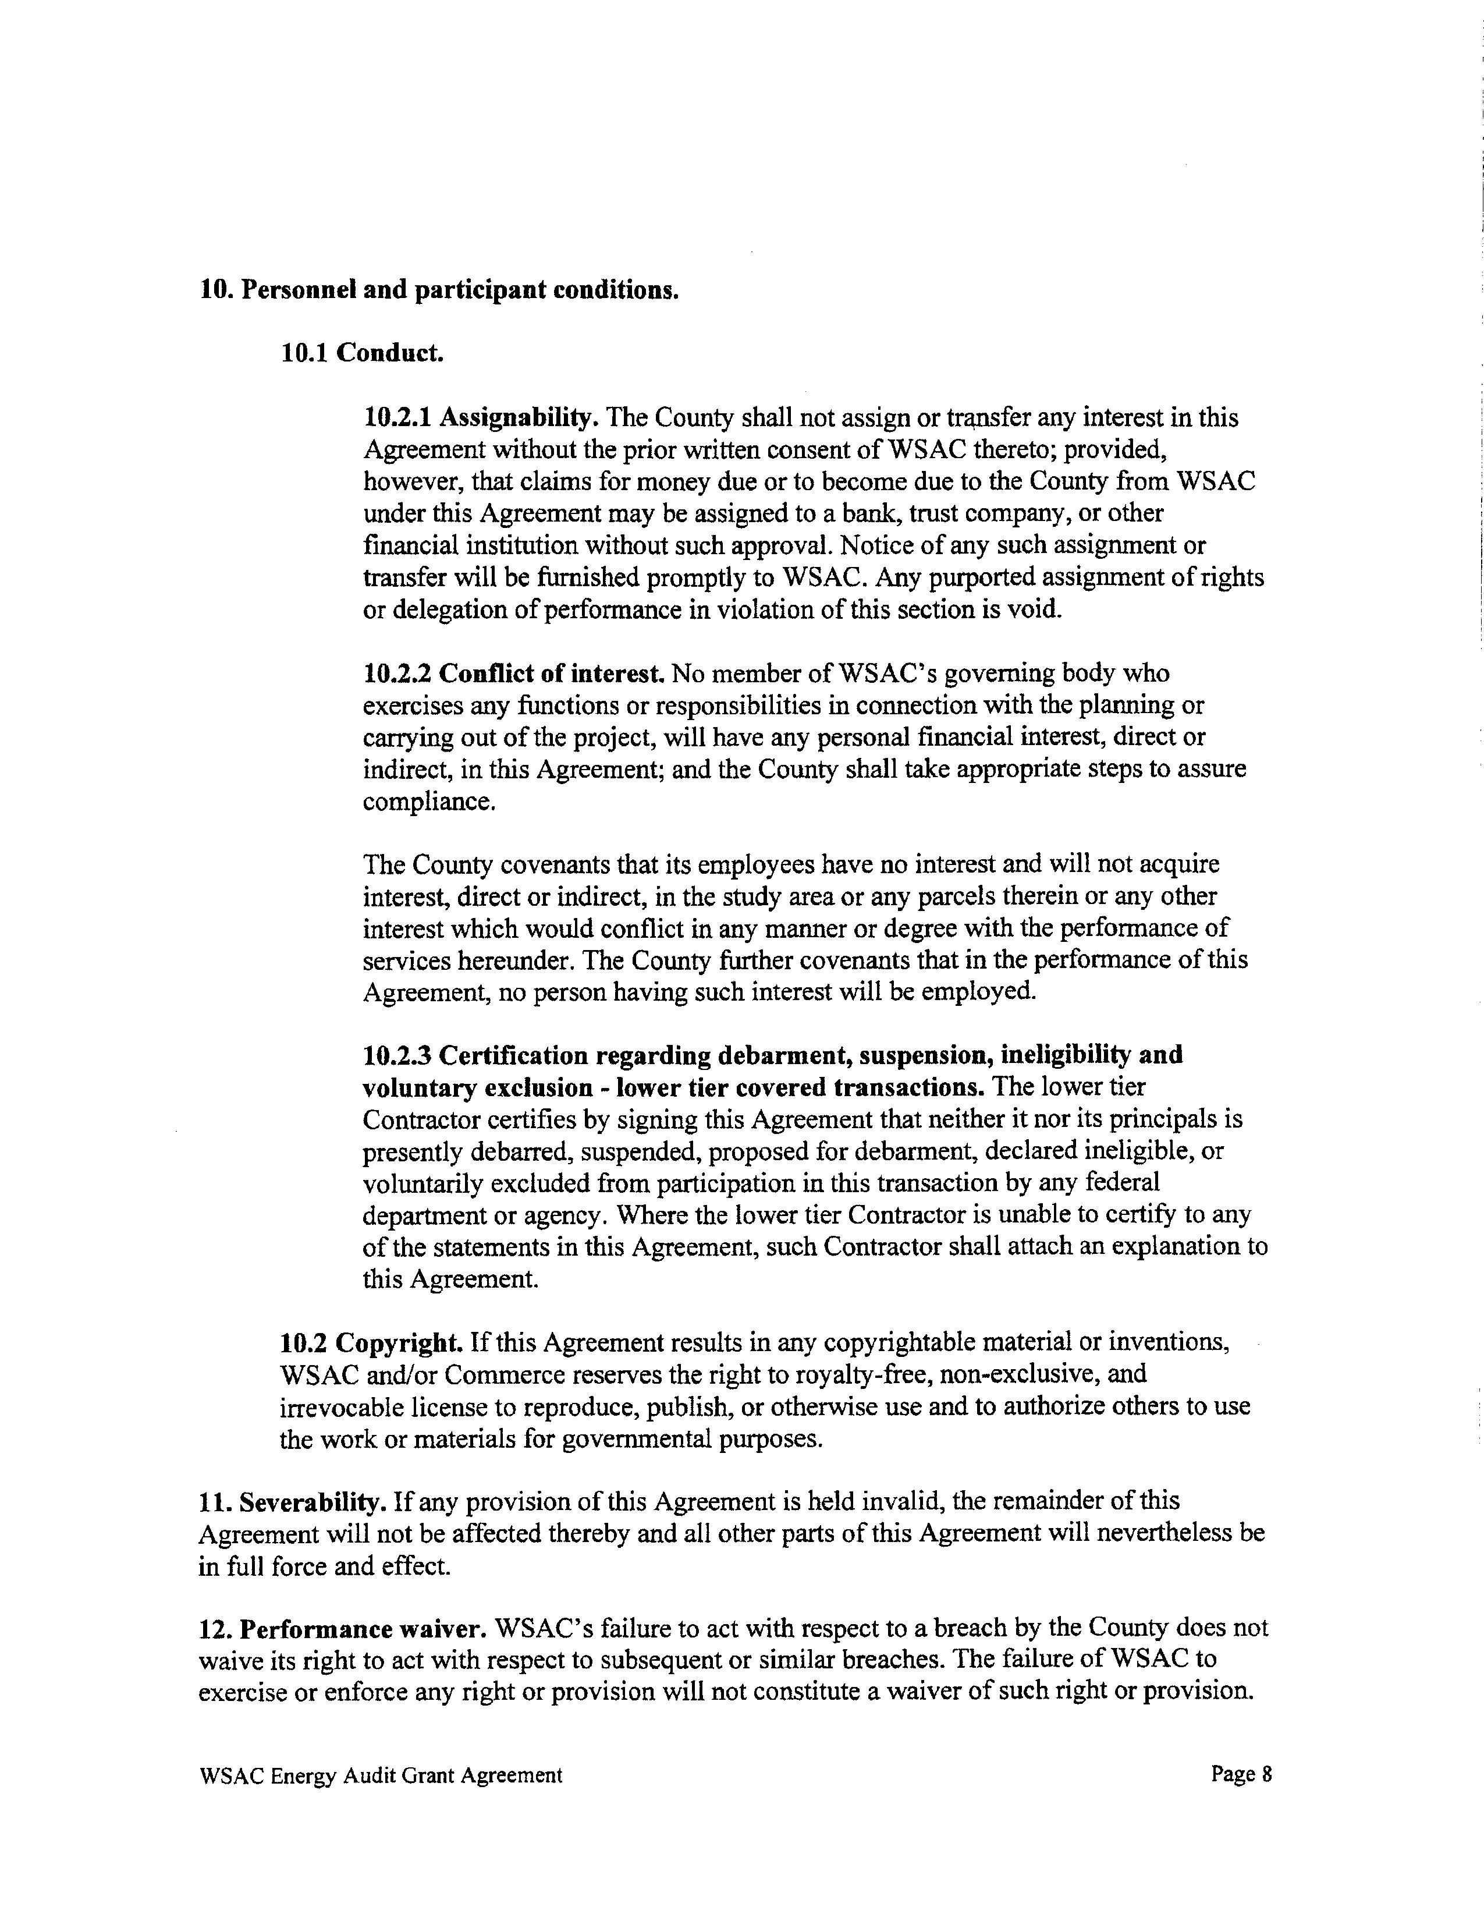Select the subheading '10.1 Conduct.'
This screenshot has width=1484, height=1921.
pos(362,353)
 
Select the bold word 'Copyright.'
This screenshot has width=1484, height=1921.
pos(400,1342)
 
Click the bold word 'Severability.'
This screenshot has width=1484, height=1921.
pos(313,1501)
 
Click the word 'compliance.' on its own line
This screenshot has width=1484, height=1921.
pos(429,802)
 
